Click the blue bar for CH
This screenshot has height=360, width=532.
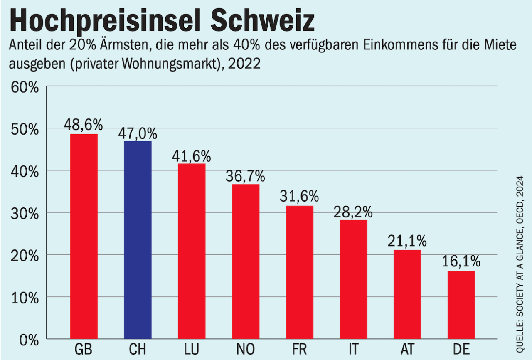(138, 240)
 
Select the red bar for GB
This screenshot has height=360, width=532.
(84, 237)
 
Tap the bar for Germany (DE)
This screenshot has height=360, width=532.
(461, 305)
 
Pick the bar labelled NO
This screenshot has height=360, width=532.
(245, 261)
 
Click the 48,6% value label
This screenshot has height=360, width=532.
(83, 124)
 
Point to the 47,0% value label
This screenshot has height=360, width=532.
(138, 133)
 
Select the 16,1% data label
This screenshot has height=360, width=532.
(461, 262)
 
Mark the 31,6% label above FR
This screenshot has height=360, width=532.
(299, 196)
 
